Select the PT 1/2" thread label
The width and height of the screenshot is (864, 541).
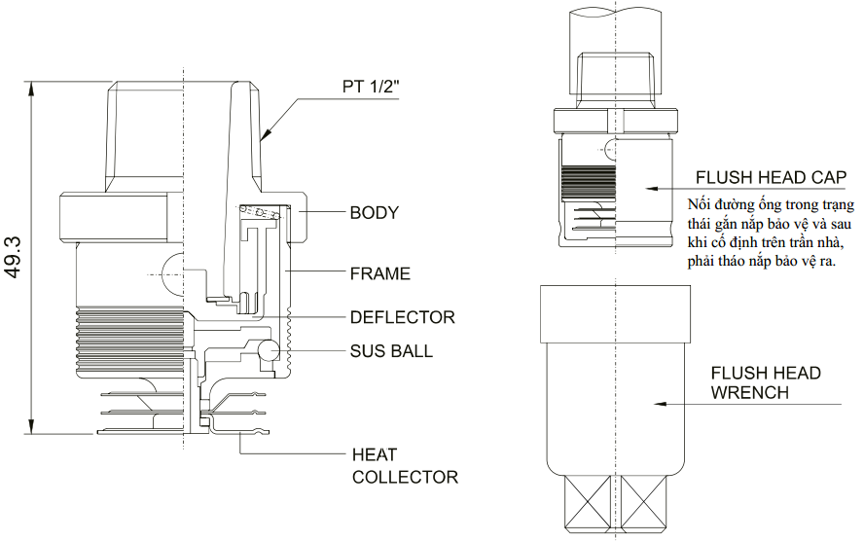(373, 86)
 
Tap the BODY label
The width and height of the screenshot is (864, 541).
(375, 212)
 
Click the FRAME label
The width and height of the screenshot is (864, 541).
(380, 273)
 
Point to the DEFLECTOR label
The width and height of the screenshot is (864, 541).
(402, 317)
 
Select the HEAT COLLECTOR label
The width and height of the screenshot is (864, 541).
(404, 465)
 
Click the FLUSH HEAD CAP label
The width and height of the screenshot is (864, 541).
(770, 177)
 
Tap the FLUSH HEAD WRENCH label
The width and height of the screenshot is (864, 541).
(765, 382)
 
